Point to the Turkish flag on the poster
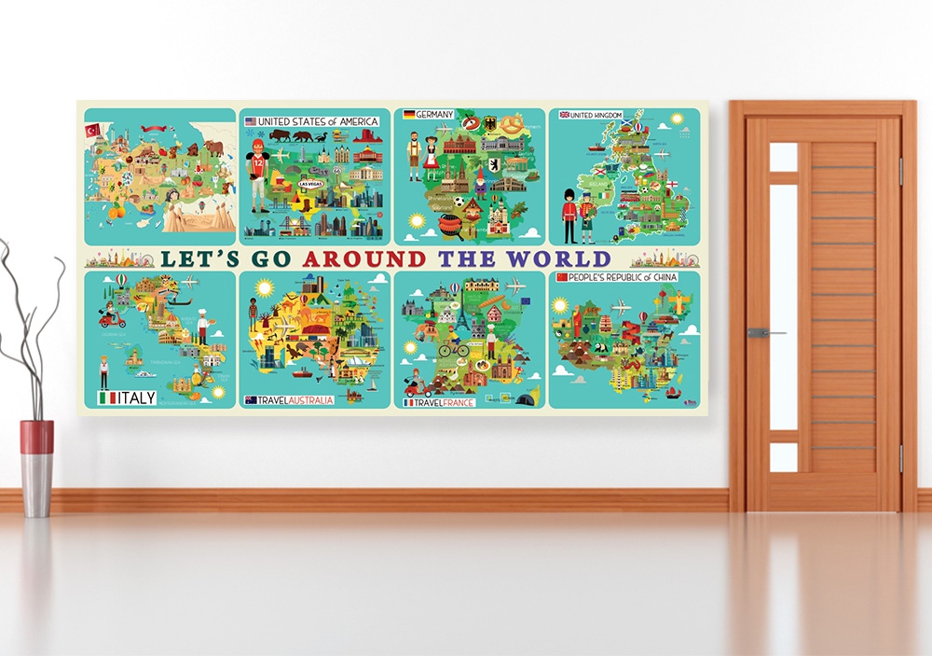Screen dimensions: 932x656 tap(92, 130)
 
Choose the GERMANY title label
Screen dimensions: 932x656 tap(429, 115)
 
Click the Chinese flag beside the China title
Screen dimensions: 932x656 tap(562, 277)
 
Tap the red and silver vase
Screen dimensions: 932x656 tap(37, 467)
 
